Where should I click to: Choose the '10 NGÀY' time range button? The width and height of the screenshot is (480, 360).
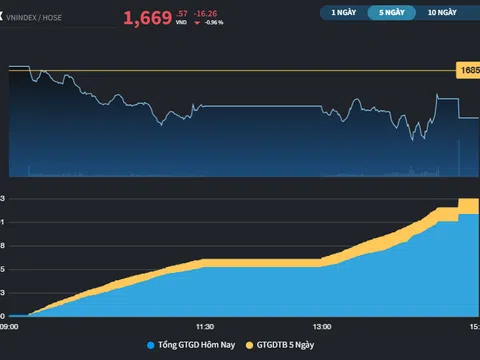pyautogui.click(x=441, y=13)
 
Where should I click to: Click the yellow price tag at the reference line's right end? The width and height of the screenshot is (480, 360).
pyautogui.click(x=468, y=70)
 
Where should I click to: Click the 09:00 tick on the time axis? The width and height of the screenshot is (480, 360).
pyautogui.click(x=9, y=326)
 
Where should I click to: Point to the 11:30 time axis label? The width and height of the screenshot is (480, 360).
pyautogui.click(x=204, y=326)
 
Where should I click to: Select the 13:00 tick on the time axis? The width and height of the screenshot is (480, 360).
pyautogui.click(x=322, y=326)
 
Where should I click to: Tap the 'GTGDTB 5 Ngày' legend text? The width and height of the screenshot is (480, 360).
pyautogui.click(x=285, y=345)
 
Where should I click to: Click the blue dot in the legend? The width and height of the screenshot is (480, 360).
pyautogui.click(x=150, y=345)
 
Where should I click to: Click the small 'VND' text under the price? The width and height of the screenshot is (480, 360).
pyautogui.click(x=180, y=23)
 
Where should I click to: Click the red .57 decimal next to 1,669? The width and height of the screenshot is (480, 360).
pyautogui.click(x=180, y=12)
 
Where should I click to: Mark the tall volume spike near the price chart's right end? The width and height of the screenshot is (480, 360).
pyautogui.click(x=458, y=158)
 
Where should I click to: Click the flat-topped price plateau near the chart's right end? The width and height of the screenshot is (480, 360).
pyautogui.click(x=447, y=98)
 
